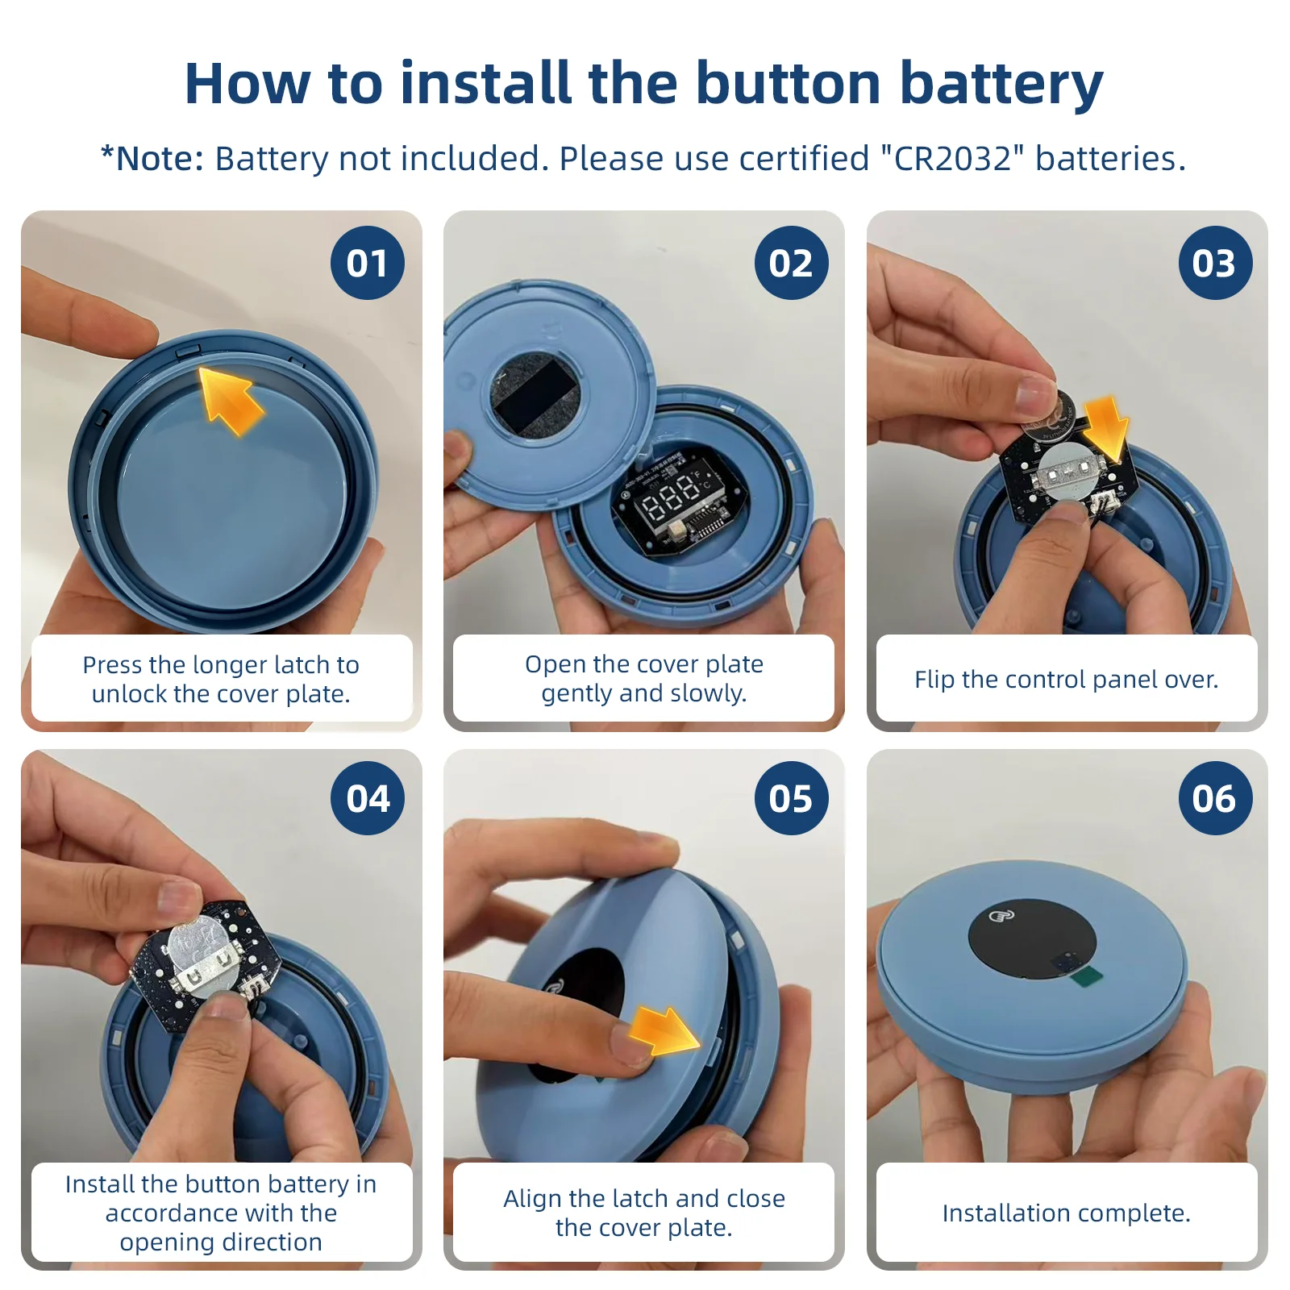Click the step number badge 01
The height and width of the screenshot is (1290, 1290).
[368, 263]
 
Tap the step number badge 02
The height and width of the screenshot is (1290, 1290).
[791, 263]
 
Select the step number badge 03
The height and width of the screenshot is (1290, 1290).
[1215, 263]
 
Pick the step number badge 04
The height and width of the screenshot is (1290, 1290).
[368, 798]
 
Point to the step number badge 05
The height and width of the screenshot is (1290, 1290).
[791, 798]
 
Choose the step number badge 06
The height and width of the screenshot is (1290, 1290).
[1215, 798]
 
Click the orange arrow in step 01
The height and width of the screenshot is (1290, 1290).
[230, 400]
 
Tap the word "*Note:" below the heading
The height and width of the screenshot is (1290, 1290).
[152, 159]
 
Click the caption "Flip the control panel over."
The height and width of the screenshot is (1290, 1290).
[1066, 679]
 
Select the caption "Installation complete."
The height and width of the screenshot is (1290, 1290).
[1066, 1213]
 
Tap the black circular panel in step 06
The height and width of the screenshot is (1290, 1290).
[1032, 939]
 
